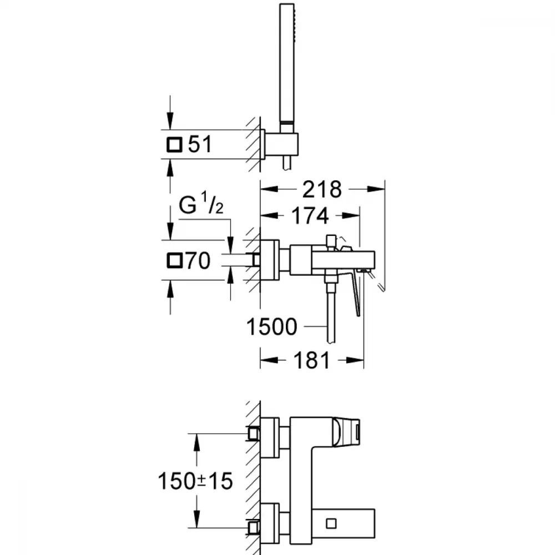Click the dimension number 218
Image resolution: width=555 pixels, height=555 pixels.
pyautogui.click(x=322, y=189)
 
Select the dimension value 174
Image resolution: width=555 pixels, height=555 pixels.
pyautogui.click(x=310, y=216)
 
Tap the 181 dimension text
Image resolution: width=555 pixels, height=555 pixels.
pyautogui.click(x=311, y=361)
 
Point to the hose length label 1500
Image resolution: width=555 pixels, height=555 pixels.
pyautogui.click(x=271, y=326)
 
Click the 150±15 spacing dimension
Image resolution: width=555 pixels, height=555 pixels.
pyautogui.click(x=195, y=481)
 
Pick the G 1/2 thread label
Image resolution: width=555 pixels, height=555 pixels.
pyautogui.click(x=201, y=204)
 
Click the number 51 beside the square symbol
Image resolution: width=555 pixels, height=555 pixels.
pyautogui.click(x=200, y=144)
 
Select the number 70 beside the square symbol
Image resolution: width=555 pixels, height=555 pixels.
pyautogui.click(x=198, y=260)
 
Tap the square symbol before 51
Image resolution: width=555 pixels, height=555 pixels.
pyautogui.click(x=174, y=145)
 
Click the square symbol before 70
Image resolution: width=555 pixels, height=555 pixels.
pyautogui.click(x=174, y=261)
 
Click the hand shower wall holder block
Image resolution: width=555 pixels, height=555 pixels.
pyautogui.click(x=281, y=144)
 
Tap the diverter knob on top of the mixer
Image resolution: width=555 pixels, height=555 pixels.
pyautogui.click(x=331, y=242)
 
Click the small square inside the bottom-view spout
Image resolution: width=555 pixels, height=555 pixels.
pyautogui.click(x=331, y=523)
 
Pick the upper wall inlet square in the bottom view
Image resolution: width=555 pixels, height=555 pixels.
pyautogui.click(x=254, y=433)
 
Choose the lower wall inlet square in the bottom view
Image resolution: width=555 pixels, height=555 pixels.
pyautogui.click(x=254, y=528)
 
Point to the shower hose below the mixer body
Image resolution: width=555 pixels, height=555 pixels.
pyautogui.click(x=331, y=314)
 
